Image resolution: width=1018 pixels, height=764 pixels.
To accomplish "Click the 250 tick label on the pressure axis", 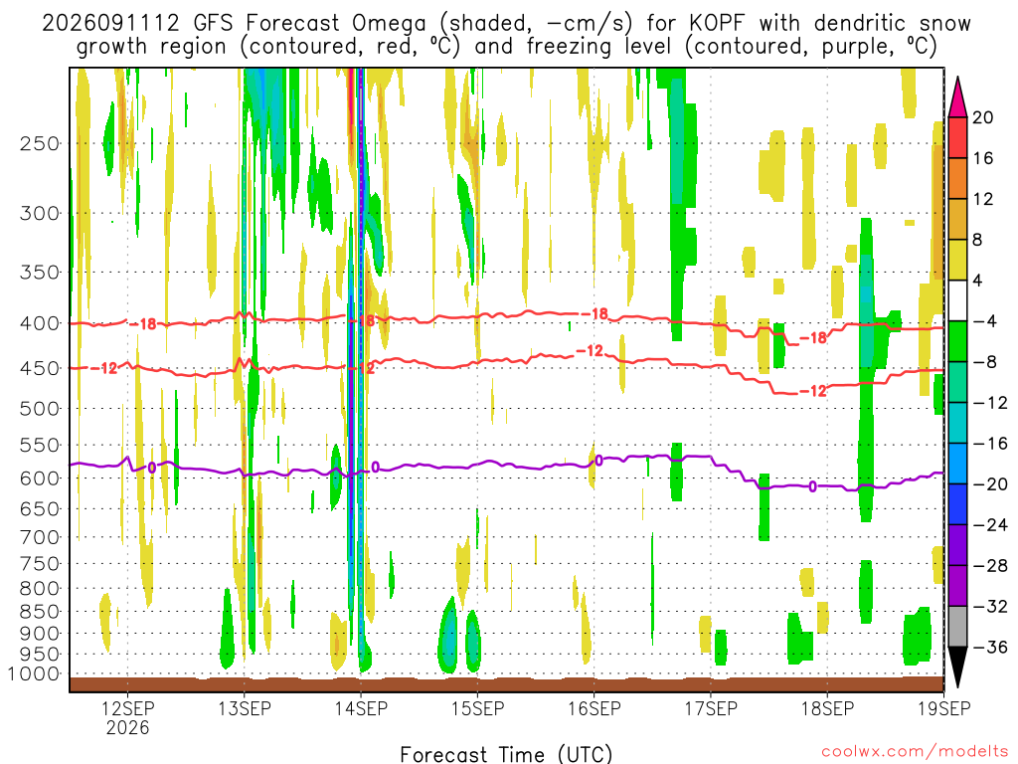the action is point(40,143).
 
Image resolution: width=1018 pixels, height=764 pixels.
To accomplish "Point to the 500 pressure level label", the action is point(40,409).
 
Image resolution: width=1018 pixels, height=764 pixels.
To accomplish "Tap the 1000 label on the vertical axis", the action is point(33,673).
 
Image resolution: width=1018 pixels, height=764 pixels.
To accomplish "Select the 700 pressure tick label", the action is point(40,537).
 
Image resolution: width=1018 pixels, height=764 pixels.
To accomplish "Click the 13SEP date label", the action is point(245,707).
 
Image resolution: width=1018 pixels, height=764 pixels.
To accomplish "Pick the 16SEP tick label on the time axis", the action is point(594,707).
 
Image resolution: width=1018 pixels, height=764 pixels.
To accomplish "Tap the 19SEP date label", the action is point(943,707).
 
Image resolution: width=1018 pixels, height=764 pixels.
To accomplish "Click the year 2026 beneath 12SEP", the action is point(127,727).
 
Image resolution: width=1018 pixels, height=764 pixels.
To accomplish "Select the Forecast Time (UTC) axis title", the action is point(506,754).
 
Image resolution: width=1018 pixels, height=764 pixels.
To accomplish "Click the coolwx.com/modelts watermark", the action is point(915,752).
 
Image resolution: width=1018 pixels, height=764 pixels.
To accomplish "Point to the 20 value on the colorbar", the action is point(982,117).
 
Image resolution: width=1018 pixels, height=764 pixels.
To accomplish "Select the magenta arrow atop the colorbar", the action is point(957,97).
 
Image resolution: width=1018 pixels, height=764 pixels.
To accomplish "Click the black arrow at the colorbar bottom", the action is point(957,668).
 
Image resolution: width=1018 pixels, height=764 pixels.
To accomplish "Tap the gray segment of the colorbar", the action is point(957,627).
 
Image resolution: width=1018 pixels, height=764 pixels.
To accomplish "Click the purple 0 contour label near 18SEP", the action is point(812,486).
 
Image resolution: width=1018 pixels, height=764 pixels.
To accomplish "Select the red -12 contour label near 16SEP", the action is point(591,351).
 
